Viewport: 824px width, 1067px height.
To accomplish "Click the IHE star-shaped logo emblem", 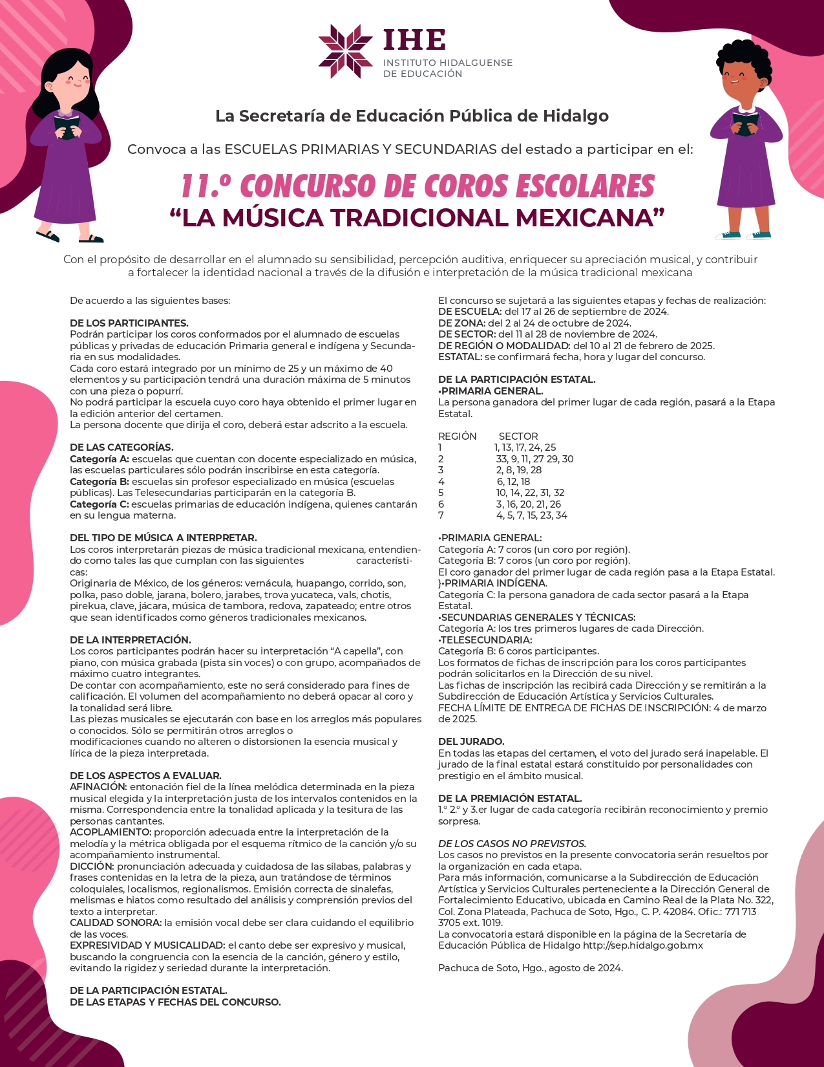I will click(346, 51).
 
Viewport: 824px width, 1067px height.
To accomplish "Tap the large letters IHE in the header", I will click(414, 40).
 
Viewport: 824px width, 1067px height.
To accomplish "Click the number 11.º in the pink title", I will click(206, 186).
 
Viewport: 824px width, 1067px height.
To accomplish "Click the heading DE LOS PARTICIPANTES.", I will click(129, 323).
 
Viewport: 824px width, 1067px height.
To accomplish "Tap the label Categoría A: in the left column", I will click(100, 459).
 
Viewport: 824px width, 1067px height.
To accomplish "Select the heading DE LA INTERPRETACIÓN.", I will click(131, 640).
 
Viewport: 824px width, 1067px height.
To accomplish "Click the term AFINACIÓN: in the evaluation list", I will click(98, 787).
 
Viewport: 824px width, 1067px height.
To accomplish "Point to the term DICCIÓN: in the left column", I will click(92, 867).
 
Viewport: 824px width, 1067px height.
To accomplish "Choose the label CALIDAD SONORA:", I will click(116, 923).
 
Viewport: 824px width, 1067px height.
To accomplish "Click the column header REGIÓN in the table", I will click(458, 436).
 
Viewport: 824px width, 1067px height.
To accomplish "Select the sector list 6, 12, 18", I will click(513, 482).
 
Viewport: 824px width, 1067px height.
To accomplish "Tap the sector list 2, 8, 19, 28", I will click(519, 470).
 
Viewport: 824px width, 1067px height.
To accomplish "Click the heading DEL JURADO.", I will click(471, 742).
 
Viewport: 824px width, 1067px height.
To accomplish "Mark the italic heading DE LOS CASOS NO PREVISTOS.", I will click(512, 844).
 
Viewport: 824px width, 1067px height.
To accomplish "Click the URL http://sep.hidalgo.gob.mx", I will click(642, 945).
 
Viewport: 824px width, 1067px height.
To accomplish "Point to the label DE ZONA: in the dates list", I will click(461, 323).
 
